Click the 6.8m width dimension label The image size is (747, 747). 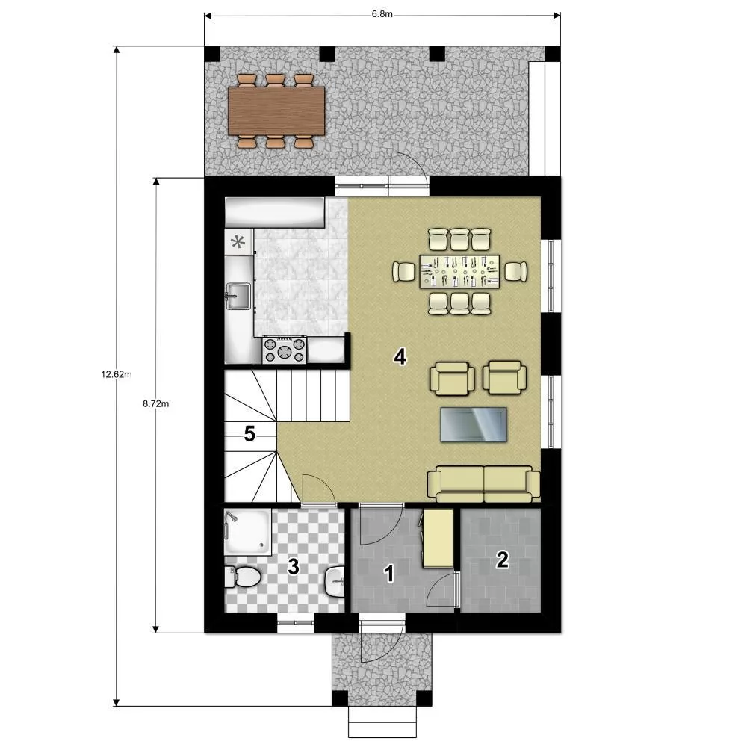click(x=382, y=14)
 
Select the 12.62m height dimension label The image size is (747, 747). click(x=117, y=374)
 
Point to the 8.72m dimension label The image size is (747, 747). click(x=156, y=403)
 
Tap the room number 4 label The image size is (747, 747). click(x=400, y=356)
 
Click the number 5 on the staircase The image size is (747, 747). click(x=249, y=433)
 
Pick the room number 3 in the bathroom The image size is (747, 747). click(x=294, y=567)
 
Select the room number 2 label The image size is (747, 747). click(x=502, y=560)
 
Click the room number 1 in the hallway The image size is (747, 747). click(x=389, y=574)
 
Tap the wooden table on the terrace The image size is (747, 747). click(x=276, y=111)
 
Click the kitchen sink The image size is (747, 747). click(x=238, y=295)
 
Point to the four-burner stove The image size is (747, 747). click(x=285, y=350)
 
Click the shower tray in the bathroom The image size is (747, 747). click(x=248, y=532)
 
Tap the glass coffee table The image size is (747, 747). click(x=474, y=424)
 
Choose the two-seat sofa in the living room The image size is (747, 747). click(x=483, y=484)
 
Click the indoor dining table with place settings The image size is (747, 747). click(x=459, y=272)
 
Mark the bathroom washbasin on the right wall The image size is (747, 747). click(x=335, y=581)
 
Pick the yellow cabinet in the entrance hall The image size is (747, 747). click(x=438, y=539)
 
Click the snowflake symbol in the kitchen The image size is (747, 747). click(x=238, y=242)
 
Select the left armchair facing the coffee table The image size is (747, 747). click(x=452, y=378)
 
